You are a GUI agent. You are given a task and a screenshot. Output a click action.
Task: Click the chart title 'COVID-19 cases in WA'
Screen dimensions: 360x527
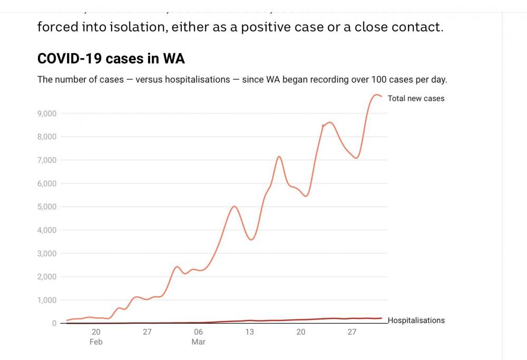tap(111, 59)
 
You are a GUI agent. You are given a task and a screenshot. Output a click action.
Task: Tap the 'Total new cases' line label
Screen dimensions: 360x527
tap(416, 99)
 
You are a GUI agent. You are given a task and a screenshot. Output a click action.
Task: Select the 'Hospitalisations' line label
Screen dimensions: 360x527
tap(416, 320)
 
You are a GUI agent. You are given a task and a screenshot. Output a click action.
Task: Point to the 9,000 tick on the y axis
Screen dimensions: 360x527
tap(47, 113)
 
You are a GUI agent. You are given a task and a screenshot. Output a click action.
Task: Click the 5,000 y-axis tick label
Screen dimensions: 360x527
tap(47, 207)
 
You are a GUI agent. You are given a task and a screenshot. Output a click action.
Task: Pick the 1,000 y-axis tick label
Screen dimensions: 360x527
tap(47, 300)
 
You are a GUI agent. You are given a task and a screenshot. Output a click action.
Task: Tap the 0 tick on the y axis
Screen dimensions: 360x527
tap(54, 323)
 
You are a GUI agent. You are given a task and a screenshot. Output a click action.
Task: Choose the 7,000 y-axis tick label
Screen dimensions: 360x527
tap(47, 160)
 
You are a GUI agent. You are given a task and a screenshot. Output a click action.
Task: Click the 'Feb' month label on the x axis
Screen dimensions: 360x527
tap(96, 342)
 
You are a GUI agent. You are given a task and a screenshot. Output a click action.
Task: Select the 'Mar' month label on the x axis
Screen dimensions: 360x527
tap(198, 342)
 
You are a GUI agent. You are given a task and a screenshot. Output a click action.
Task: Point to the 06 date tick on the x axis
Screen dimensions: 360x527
tap(198, 332)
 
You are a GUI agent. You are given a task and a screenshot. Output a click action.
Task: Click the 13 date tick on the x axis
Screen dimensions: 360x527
tap(249, 332)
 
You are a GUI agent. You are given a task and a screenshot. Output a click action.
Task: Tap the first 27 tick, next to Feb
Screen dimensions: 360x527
tap(147, 332)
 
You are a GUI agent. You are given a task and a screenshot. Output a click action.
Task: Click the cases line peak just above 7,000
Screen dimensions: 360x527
tap(279, 157)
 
